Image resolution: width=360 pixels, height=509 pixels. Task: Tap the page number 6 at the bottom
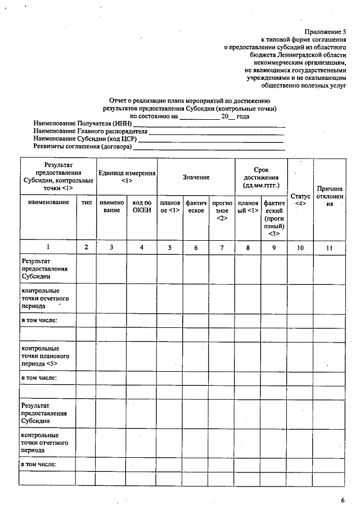[342, 499]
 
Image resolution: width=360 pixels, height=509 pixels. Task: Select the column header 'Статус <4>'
[300, 199]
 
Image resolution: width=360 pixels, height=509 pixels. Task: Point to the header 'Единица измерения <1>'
[127, 177]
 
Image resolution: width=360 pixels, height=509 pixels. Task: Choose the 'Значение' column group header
[196, 177]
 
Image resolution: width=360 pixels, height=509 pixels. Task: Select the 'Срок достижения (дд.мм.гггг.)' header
[261, 177]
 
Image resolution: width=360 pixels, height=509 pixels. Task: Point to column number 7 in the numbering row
[222, 246]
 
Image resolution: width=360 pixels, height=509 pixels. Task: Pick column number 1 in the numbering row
[48, 246]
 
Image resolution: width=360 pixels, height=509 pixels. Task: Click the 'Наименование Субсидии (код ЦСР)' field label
[85, 139]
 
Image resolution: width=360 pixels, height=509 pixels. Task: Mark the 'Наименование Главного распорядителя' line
[90, 131]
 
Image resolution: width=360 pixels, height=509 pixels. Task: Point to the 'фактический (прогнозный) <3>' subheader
[274, 218]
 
